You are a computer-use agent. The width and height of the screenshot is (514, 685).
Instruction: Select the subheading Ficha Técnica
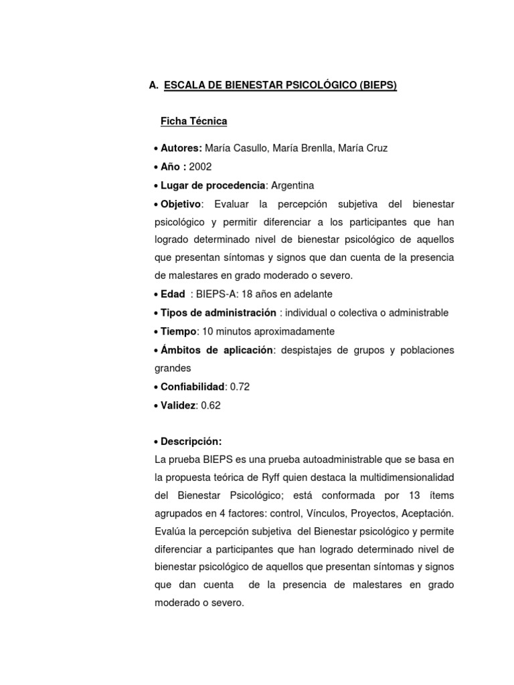193,121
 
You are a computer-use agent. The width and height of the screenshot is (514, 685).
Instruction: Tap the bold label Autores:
181,148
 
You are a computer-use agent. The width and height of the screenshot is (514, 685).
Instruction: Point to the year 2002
200,167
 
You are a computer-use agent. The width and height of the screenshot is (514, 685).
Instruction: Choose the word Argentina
292,185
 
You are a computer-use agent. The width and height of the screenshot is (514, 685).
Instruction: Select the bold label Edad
173,294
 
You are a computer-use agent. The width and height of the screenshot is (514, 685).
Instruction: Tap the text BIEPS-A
214,294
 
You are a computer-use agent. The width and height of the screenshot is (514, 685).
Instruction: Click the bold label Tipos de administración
218,312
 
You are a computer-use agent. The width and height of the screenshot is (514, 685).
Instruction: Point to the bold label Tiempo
178,331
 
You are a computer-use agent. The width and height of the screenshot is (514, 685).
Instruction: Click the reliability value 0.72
240,387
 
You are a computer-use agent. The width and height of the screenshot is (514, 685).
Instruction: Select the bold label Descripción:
191,442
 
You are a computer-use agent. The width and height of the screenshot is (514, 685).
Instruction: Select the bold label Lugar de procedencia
213,185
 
